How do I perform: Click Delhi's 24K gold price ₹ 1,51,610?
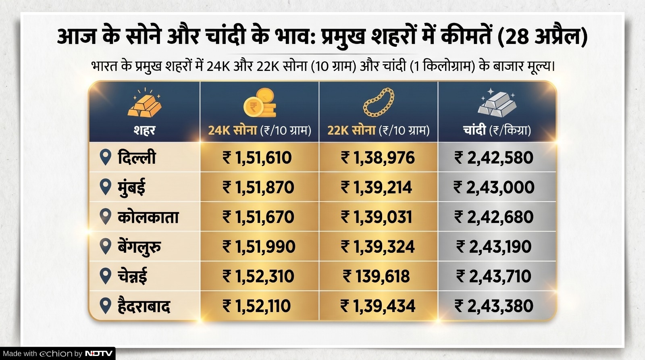[x=257, y=158]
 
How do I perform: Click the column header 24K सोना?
[x=233, y=130]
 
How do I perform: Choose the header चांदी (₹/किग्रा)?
[x=497, y=130]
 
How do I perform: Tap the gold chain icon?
[x=379, y=103]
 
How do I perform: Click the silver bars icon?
[x=497, y=103]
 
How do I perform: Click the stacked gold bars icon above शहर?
[x=144, y=104]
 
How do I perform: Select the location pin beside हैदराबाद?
[x=105, y=306]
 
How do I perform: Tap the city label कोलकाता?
[x=148, y=217]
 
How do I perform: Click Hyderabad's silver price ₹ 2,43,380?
[x=494, y=306]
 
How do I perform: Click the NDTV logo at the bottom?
[x=99, y=354]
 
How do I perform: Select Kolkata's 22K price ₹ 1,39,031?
[x=377, y=217]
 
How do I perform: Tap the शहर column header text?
[x=144, y=130]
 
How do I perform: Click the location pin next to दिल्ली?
[x=105, y=157]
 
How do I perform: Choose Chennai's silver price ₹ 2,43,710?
[x=494, y=277]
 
